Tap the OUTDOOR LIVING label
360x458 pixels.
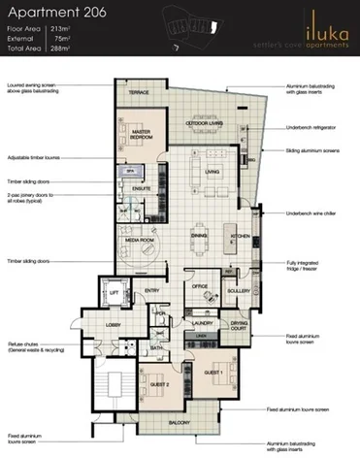(x=206, y=123)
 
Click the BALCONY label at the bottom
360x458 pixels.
(x=178, y=423)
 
